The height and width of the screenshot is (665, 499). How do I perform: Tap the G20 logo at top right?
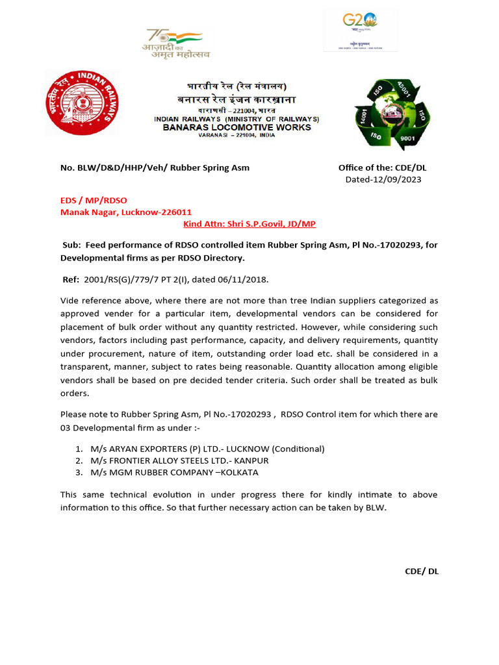pyautogui.click(x=361, y=30)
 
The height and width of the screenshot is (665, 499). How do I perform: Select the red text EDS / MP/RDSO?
pyautogui.click(x=98, y=201)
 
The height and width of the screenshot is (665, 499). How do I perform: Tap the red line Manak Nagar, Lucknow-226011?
pyautogui.click(x=126, y=212)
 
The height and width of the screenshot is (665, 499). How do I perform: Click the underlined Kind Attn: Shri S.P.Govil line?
pyautogui.click(x=250, y=223)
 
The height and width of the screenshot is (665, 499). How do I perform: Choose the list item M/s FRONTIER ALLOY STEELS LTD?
pyautogui.click(x=161, y=460)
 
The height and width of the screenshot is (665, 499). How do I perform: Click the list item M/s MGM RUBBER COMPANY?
pyautogui.click(x=152, y=472)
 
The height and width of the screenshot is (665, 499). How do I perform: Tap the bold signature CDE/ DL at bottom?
pyautogui.click(x=422, y=571)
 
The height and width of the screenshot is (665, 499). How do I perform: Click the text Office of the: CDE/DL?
pyautogui.click(x=382, y=168)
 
